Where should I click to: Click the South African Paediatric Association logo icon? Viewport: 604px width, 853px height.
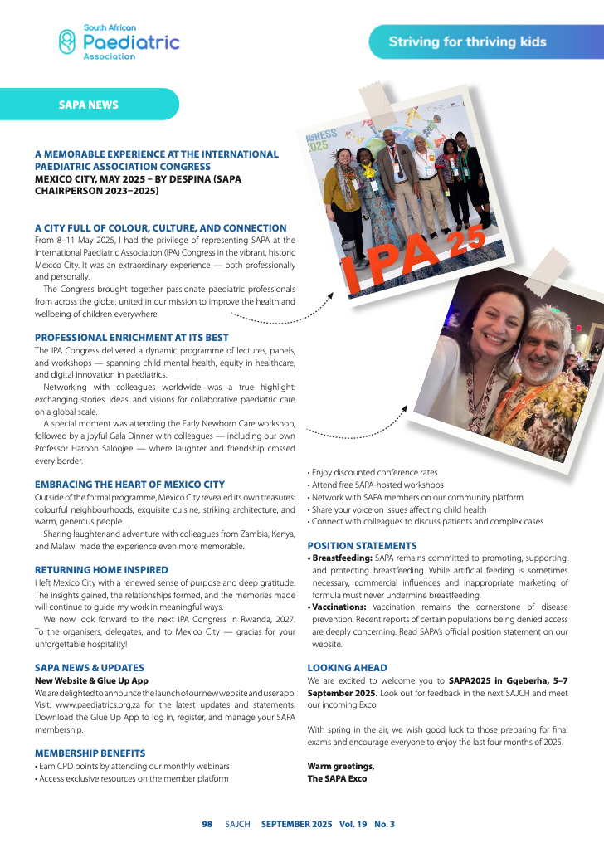pyautogui.click(x=67, y=42)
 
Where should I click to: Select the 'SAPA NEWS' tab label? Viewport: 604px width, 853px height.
pyautogui.click(x=88, y=105)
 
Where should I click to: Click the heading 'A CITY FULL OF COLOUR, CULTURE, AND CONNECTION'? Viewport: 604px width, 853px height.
pyautogui.click(x=160, y=228)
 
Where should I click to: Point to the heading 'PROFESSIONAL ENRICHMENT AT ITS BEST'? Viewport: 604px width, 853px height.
pyautogui.click(x=132, y=338)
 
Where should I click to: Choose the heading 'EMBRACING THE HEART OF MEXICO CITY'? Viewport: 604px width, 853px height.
pyautogui.click(x=129, y=484)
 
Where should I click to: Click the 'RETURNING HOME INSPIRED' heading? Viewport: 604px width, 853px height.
pyautogui.click(x=101, y=570)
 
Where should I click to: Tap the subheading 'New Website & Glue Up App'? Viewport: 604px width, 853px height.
pyautogui.click(x=91, y=680)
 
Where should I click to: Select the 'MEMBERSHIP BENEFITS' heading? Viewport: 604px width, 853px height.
pyautogui.click(x=90, y=753)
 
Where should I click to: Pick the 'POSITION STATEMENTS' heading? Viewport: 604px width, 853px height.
pyautogui.click(x=362, y=546)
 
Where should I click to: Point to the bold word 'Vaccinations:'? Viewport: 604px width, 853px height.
pyautogui.click(x=341, y=607)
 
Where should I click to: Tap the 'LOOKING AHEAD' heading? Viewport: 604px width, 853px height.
pyautogui.click(x=347, y=668)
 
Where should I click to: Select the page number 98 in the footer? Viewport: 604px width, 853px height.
pyautogui.click(x=207, y=824)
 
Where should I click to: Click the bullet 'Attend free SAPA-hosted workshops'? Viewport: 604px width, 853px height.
pyautogui.click(x=376, y=485)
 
